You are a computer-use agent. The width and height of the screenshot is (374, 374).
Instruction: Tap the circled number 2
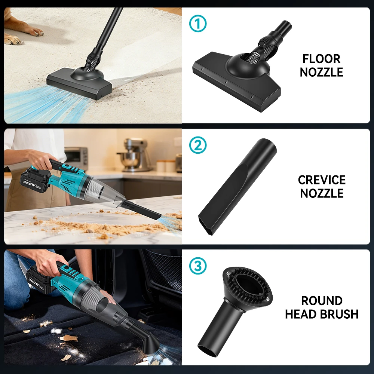click(198, 145)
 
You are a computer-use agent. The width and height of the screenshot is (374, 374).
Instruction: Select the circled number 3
click(198, 266)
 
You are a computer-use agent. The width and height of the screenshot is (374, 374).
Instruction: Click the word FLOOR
click(321, 59)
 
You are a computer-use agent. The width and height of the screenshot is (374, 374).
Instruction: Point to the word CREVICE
click(321, 180)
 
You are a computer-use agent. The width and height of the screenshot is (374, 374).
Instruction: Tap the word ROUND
click(322, 301)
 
